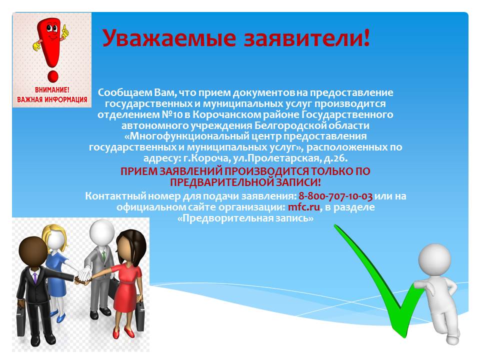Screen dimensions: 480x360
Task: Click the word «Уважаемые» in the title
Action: point(169,38)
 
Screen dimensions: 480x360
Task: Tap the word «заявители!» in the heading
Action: point(307,38)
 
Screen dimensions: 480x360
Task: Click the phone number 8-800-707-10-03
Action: point(335,196)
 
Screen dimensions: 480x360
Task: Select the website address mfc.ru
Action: point(303,207)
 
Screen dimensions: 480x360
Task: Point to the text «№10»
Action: point(172,114)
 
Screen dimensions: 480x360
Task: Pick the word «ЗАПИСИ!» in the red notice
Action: point(298,182)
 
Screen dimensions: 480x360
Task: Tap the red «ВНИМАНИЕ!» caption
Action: point(52,90)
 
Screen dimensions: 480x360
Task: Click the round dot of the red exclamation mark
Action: point(52,76)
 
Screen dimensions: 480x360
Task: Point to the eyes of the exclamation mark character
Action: point(51,29)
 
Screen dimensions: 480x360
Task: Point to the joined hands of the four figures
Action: point(83,276)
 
